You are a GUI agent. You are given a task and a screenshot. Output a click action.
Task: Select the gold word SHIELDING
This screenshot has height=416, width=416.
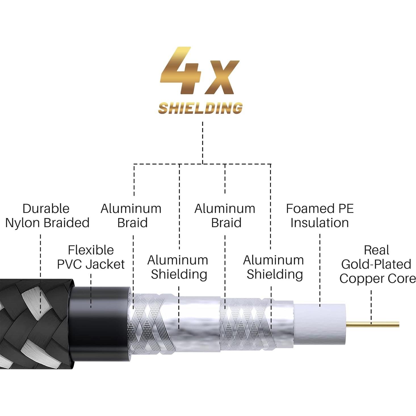pyautogui.click(x=200, y=108)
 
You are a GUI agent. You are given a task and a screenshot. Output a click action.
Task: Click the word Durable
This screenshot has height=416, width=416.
pyautogui.click(x=46, y=209)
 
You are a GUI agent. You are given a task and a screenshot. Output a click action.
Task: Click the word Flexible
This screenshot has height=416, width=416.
pyautogui.click(x=91, y=250)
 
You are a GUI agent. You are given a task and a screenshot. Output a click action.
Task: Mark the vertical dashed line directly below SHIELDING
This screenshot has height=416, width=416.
pyautogui.click(x=202, y=142)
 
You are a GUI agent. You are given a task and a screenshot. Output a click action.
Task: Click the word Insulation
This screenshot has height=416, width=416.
pyautogui.click(x=320, y=223)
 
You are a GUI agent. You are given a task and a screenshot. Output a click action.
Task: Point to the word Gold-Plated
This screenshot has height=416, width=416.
pyautogui.click(x=376, y=264)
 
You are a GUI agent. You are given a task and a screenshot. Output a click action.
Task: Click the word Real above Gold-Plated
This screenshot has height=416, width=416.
pyautogui.click(x=376, y=250)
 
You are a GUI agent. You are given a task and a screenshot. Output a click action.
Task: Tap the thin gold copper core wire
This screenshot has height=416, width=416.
pyautogui.click(x=375, y=324)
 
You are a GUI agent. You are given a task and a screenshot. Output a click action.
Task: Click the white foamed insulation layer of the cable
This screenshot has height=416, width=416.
pyautogui.click(x=319, y=323)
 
